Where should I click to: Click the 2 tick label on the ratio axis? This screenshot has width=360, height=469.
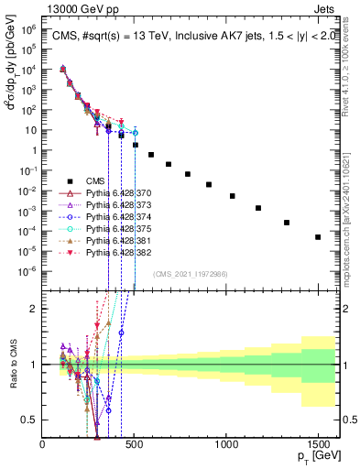35,309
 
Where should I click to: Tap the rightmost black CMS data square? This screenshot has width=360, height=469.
318,237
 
